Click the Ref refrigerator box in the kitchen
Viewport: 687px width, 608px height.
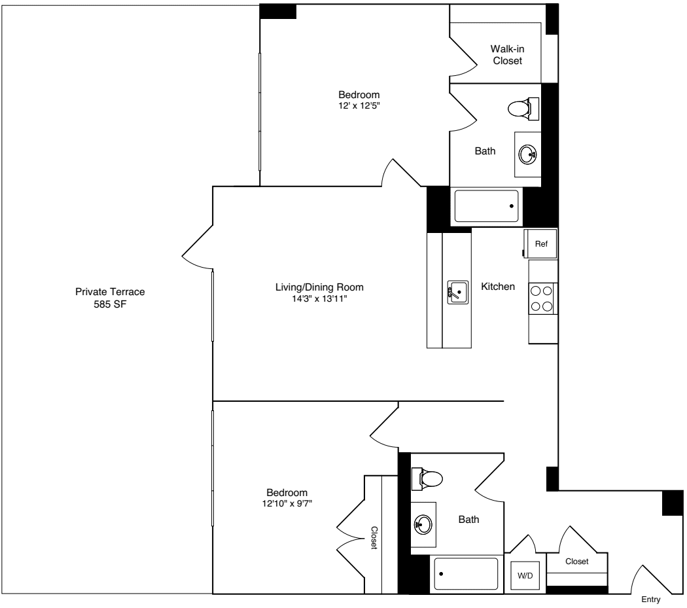pos(540,243)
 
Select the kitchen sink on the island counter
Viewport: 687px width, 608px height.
pos(458,291)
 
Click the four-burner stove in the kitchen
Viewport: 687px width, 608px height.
pos(542,298)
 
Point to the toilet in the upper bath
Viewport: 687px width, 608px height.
pos(523,108)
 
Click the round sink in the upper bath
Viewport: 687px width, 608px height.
pos(527,154)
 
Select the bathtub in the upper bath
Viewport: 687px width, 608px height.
pos(486,206)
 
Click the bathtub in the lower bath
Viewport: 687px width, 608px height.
pos(466,574)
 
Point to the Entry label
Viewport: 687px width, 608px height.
pos(650,599)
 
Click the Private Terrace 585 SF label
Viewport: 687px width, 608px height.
pos(110,297)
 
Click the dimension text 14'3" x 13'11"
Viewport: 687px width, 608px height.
pos(319,298)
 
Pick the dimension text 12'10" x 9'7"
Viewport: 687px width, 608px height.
pos(287,503)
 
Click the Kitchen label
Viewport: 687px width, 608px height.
pos(498,287)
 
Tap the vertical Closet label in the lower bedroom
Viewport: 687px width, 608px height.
pos(374,538)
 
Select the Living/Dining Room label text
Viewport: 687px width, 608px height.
pos(319,287)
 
